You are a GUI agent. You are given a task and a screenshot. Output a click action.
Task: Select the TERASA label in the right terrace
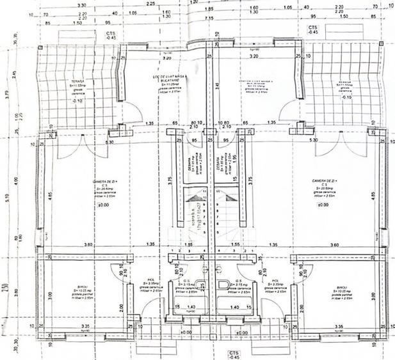pyautogui.click(x=346, y=82)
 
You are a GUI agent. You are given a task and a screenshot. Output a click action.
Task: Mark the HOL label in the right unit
pyautogui.click(x=275, y=280)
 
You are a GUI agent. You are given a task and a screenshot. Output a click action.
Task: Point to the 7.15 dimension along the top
pyautogui.click(x=208, y=18)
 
